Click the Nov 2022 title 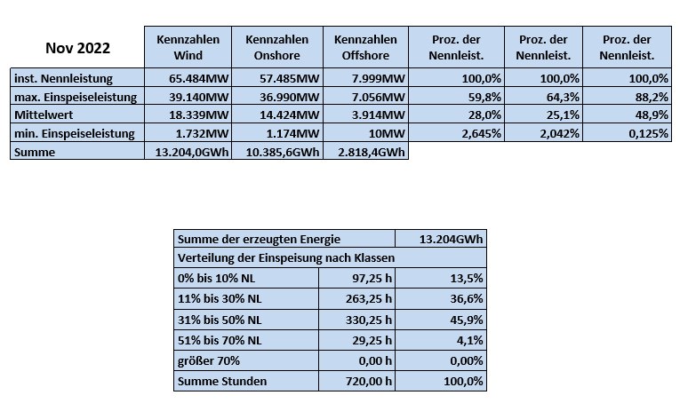point(77,48)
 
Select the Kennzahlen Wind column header point(188,47)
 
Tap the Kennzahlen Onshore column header point(277,47)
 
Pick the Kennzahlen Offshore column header point(365,47)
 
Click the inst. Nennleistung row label point(63,78)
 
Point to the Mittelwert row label point(44,115)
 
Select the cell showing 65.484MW point(188,78)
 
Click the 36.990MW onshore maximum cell point(277,96)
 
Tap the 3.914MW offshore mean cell point(365,115)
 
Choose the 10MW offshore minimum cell point(365,132)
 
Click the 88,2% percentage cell point(627,96)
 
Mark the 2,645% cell point(456,132)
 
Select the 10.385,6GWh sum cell point(277,151)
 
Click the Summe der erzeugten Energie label point(259,239)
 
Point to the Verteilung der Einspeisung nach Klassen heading point(286,257)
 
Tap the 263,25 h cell point(356,298)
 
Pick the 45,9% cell point(441,320)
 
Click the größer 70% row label point(209,360)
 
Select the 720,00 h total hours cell point(356,381)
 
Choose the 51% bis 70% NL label point(220,340)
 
